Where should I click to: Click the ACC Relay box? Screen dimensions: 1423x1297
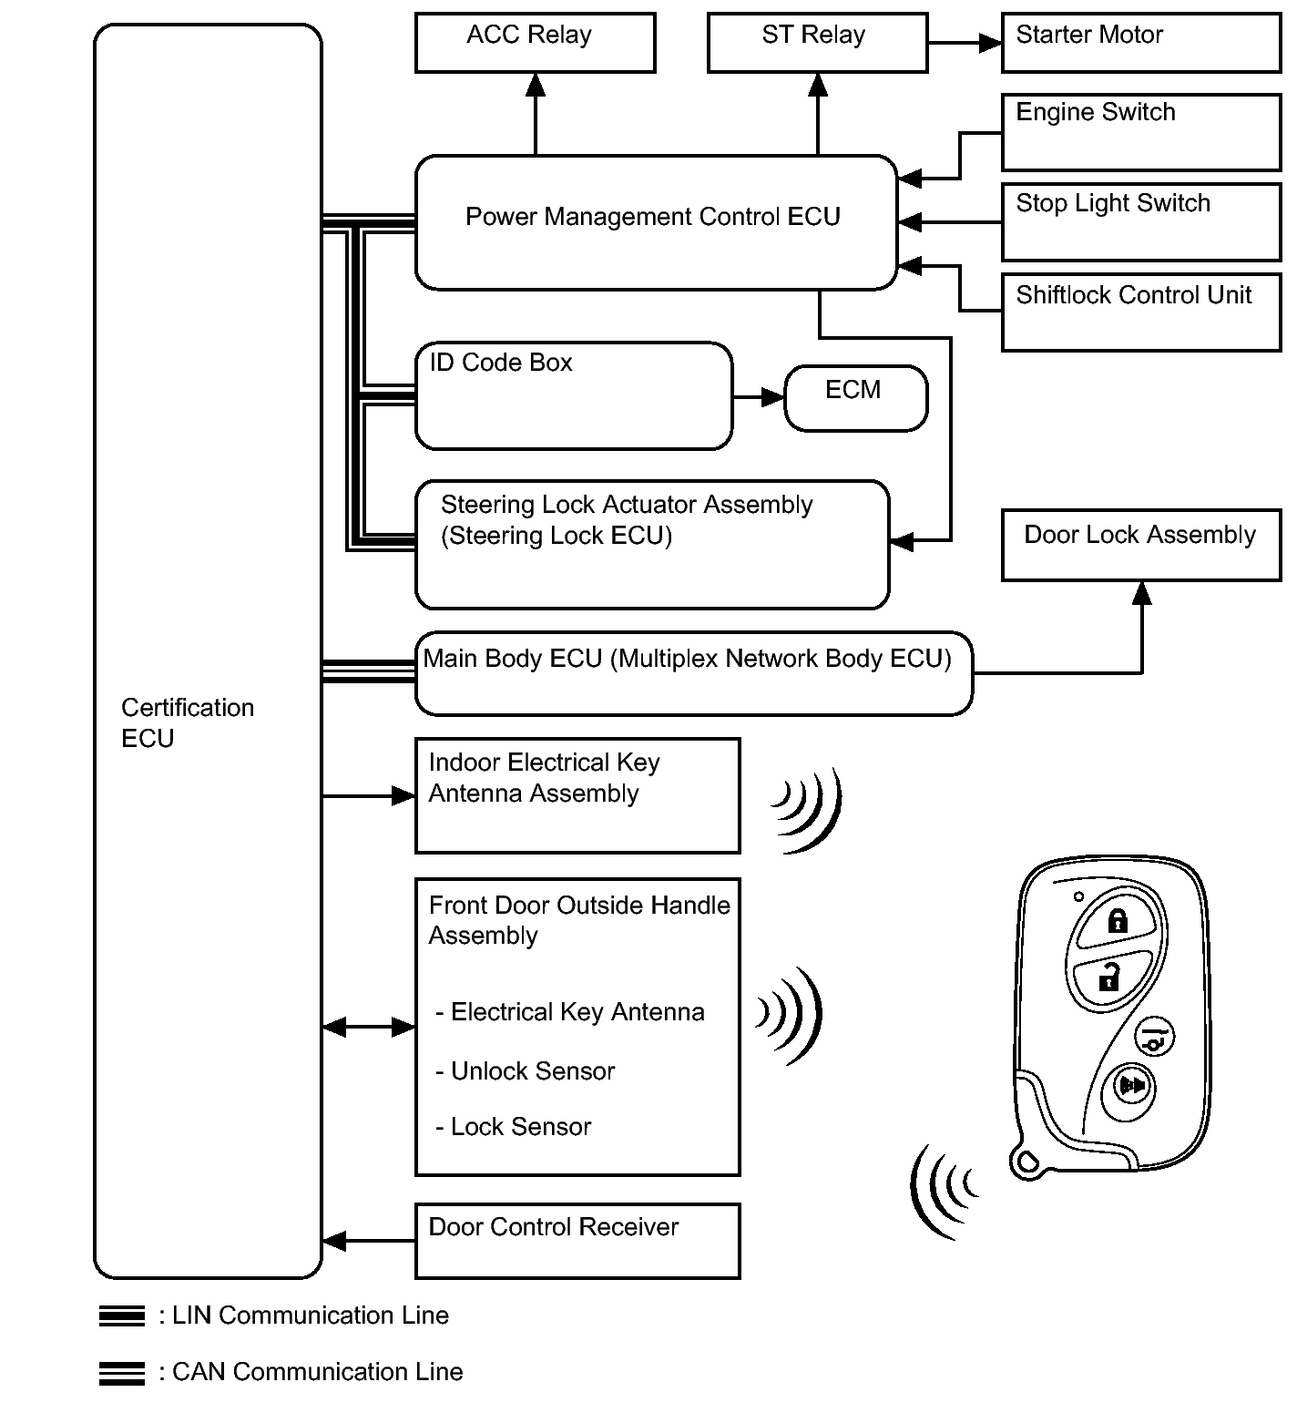point(535,42)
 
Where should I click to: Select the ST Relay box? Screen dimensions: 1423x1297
point(817,42)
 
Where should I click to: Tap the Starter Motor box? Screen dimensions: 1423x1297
point(1140,42)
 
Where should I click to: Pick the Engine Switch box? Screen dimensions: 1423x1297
point(1140,132)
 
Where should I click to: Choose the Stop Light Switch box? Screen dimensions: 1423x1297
point(1140,222)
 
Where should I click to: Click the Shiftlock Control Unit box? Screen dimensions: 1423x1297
point(1140,312)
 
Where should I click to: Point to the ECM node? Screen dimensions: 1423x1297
point(855,398)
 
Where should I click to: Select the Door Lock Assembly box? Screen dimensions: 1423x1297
point(1140,545)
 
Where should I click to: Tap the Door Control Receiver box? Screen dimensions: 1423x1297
point(577,1241)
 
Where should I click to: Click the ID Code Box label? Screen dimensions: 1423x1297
point(501,363)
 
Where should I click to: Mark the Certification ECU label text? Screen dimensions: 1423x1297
point(187,722)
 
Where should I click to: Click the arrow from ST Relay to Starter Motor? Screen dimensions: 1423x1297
point(965,42)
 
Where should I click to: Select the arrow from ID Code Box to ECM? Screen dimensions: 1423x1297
point(758,396)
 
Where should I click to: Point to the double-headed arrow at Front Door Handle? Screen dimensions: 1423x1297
point(369,1028)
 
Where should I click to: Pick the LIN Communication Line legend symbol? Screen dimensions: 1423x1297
point(122,1316)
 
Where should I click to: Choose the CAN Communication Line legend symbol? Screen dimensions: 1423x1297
point(122,1373)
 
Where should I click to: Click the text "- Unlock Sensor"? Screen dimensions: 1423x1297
point(526,1071)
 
